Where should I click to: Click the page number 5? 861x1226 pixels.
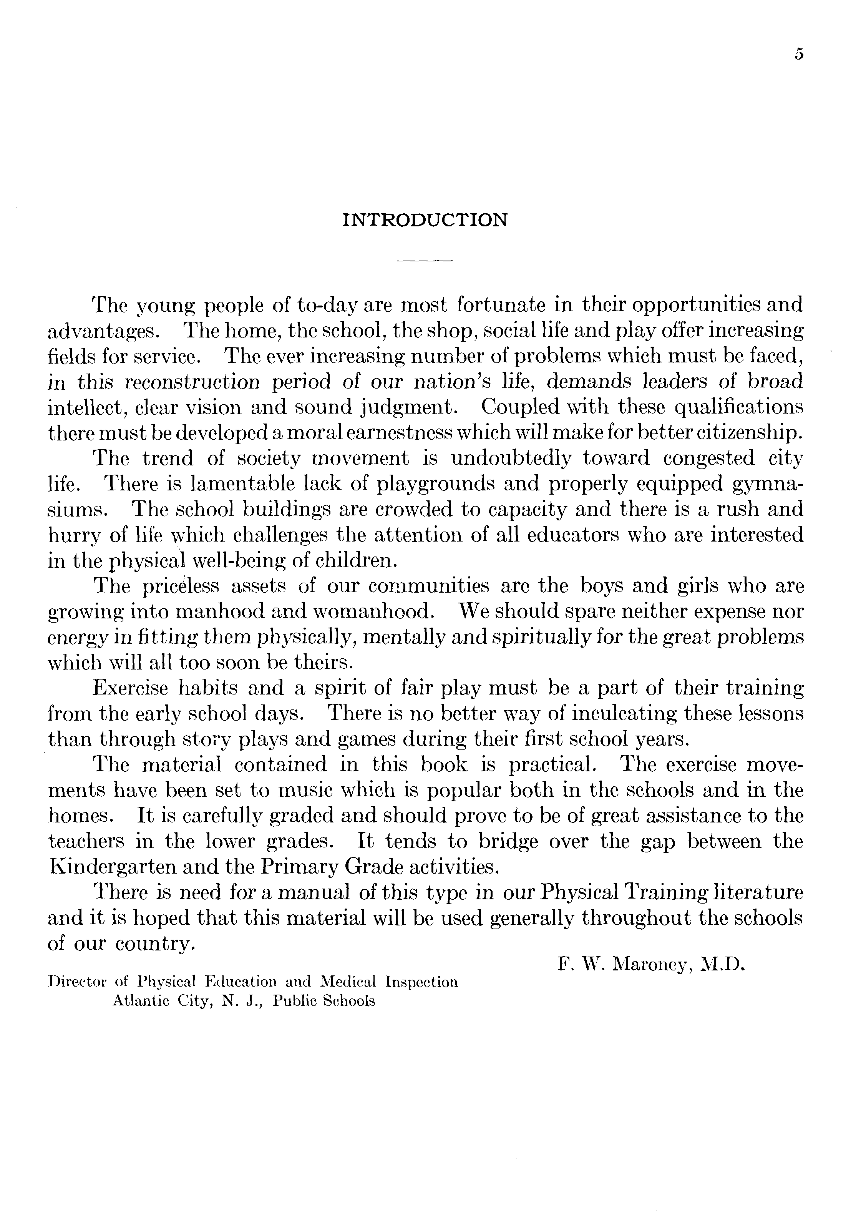798,55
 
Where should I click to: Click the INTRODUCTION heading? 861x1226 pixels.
425,220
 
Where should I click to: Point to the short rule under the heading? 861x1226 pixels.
425,261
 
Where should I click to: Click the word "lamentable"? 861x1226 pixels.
243,484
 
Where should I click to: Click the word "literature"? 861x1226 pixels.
759,892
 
